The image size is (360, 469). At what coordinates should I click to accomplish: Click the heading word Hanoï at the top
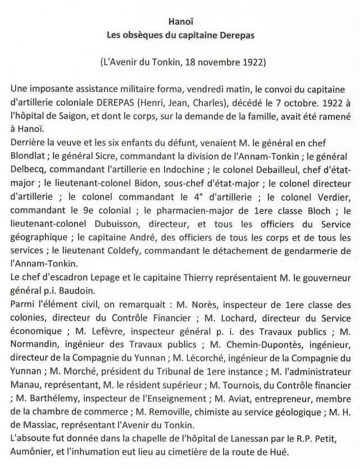point(180,22)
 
